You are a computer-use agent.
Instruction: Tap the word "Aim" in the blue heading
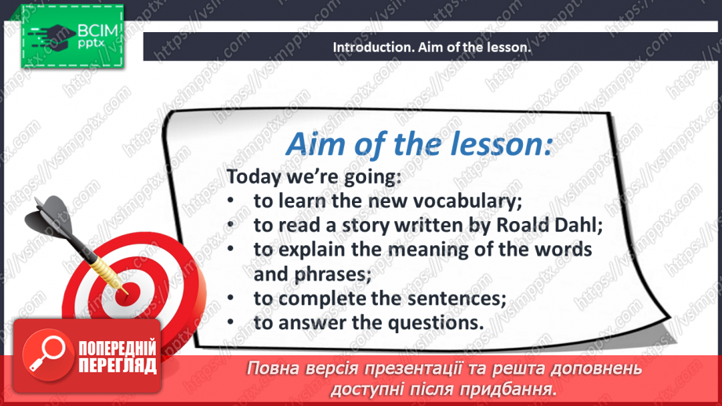click(x=315, y=144)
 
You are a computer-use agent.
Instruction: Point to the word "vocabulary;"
click(x=467, y=201)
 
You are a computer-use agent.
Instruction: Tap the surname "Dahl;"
click(x=579, y=225)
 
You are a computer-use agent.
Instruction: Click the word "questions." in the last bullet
click(x=436, y=323)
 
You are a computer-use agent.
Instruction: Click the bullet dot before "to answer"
click(x=230, y=323)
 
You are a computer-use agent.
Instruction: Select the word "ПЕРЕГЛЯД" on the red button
click(x=118, y=366)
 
